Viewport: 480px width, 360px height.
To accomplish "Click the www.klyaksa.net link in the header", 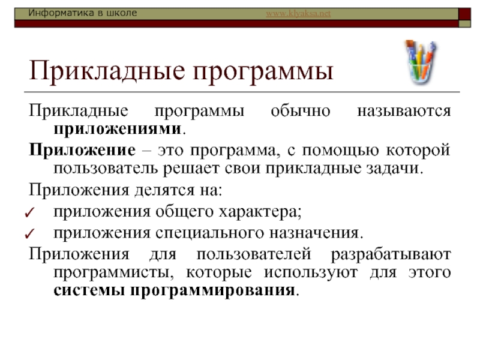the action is (298, 13).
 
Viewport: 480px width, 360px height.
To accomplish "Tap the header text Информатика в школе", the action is (82, 13).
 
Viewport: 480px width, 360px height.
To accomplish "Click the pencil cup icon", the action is (422, 62).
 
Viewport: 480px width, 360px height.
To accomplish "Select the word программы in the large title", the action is (263, 72).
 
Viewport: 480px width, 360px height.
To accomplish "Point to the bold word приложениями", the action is (117, 129).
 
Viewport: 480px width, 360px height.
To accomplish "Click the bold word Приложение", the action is (82, 151).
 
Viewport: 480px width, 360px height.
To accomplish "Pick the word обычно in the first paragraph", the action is (301, 111).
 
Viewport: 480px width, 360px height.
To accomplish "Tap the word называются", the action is (404, 111).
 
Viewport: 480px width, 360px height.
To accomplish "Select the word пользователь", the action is (106, 169).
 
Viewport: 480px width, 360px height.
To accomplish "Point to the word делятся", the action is (164, 190).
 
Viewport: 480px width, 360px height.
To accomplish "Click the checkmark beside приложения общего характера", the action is (29, 212).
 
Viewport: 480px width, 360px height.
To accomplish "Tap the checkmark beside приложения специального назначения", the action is (29, 233).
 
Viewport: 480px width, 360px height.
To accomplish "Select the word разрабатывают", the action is (391, 254).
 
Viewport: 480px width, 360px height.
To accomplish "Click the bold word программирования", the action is (213, 290).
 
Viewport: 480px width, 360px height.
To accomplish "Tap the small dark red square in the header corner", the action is (464, 14).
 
